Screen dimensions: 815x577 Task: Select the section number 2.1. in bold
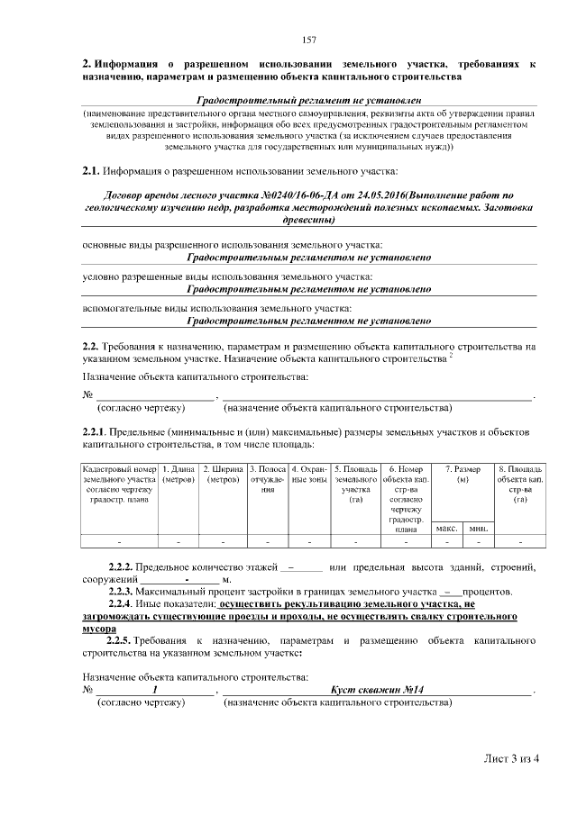[x=91, y=170]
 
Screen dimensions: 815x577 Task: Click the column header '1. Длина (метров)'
[x=179, y=474]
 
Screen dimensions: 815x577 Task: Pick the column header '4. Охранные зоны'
[x=309, y=474]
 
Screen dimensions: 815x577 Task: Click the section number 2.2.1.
[x=95, y=433]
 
